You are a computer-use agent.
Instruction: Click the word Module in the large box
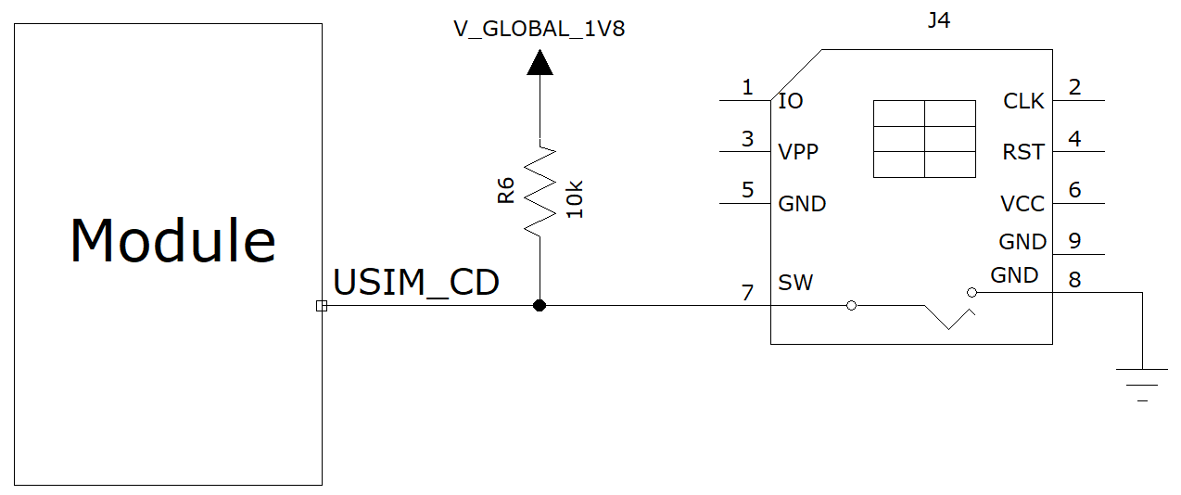coord(173,241)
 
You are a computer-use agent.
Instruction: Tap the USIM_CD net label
coord(416,283)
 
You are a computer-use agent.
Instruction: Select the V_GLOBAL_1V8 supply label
coord(539,29)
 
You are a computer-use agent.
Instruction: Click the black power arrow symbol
coord(539,62)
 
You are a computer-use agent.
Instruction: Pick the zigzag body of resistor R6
coord(539,191)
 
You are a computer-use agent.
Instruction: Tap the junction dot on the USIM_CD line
coord(539,306)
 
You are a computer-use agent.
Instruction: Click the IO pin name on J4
coord(791,101)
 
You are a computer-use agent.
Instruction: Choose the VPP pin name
coord(798,152)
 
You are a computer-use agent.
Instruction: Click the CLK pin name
coord(1023,101)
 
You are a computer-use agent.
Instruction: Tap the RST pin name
coord(1023,152)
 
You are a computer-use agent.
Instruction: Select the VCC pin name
coord(1022,204)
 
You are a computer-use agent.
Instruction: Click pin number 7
coord(748,293)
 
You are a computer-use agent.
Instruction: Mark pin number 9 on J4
coord(1074,241)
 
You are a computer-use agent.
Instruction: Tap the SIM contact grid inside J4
coord(924,139)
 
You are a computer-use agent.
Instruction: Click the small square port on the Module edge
coord(322,306)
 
